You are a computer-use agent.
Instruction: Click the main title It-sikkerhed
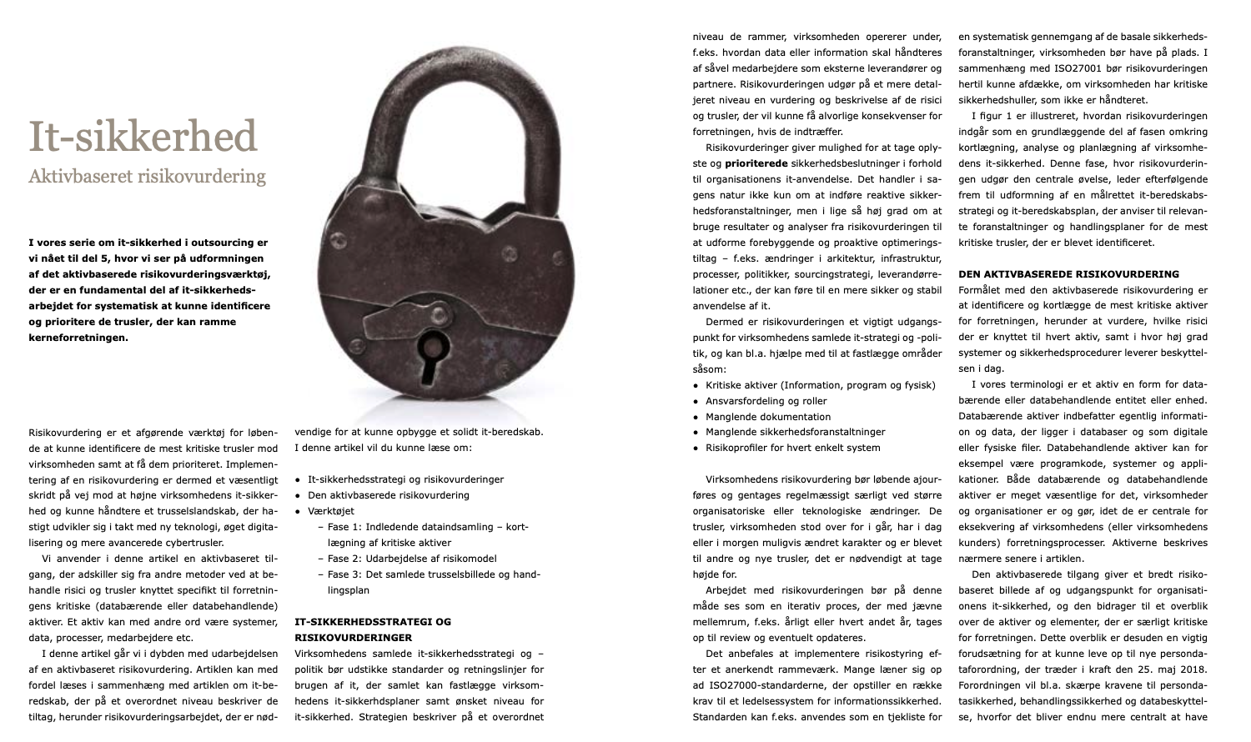(143, 137)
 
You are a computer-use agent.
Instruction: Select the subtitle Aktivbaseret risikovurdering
(147, 177)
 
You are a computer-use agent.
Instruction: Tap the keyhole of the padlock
(431, 349)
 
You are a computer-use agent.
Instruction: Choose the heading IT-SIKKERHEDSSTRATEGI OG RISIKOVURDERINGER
(373, 629)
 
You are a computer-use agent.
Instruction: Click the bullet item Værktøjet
(330, 511)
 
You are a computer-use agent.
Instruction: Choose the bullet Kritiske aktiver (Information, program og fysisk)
(820, 385)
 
